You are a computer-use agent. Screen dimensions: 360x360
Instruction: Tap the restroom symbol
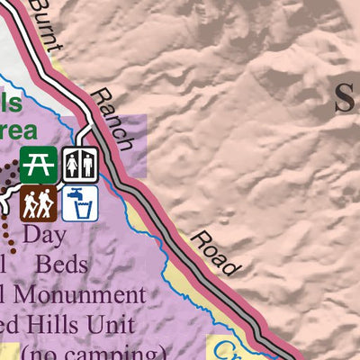[x=79, y=164]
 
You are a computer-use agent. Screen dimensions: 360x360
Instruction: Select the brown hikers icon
[x=39, y=202]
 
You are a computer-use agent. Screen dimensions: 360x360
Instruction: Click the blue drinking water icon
[x=79, y=202]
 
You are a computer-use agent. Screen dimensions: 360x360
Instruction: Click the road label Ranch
[x=114, y=117]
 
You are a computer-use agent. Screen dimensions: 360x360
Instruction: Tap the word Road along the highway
[x=215, y=253]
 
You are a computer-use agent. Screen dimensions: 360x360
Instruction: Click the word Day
[x=45, y=235]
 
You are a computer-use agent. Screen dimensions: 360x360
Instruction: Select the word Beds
[x=61, y=265]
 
